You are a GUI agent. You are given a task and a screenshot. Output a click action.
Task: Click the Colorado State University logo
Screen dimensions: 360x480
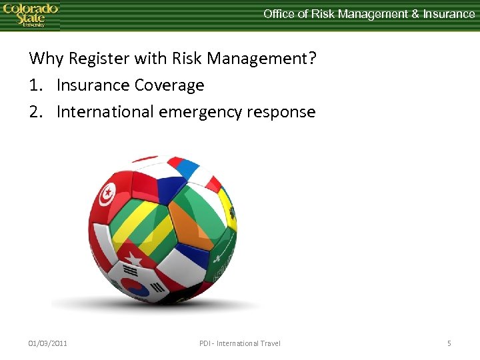(30, 15)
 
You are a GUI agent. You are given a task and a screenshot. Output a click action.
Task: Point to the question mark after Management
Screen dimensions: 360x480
(311, 59)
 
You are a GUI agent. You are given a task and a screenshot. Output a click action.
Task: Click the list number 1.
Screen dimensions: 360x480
(34, 85)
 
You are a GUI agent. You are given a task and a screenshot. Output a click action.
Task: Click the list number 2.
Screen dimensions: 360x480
(35, 112)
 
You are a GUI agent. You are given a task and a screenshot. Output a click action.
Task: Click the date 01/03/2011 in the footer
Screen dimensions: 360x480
(47, 343)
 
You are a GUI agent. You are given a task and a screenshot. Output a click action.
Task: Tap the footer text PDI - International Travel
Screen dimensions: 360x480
(239, 343)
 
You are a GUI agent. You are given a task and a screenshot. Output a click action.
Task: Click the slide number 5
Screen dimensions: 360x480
(449, 343)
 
